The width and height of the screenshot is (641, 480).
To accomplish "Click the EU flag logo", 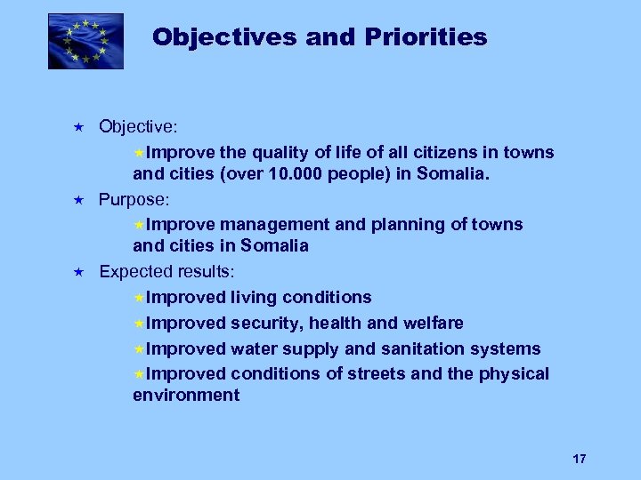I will pyautogui.click(x=85, y=41).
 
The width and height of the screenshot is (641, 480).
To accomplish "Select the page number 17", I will pyautogui.click(x=580, y=459).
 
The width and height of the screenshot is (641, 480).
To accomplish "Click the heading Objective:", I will pyautogui.click(x=138, y=127).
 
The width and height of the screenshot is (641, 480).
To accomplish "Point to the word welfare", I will pyautogui.click(x=431, y=323).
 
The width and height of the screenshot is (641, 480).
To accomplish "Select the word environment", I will pyautogui.click(x=186, y=396).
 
